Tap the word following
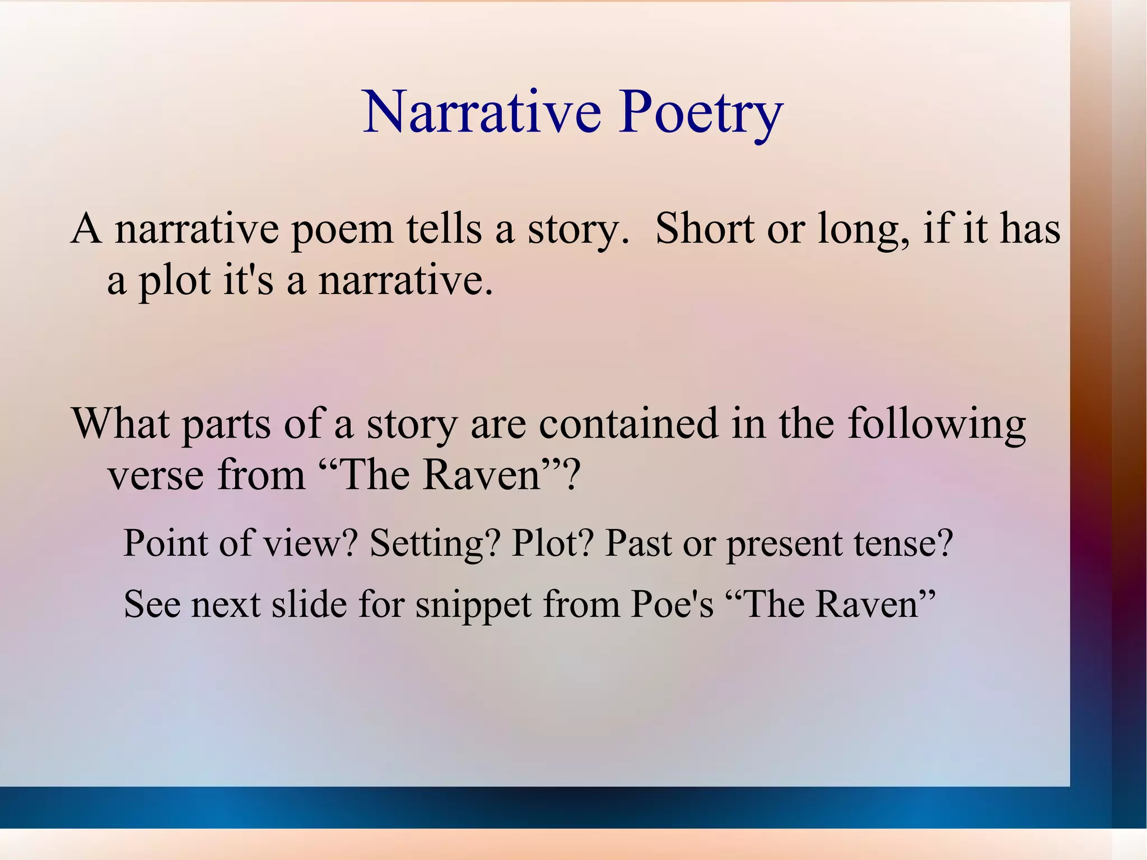pyautogui.click(x=936, y=424)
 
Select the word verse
pyautogui.click(x=156, y=475)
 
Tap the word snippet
pyautogui.click(x=473, y=605)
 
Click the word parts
pyautogui.click(x=227, y=424)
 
